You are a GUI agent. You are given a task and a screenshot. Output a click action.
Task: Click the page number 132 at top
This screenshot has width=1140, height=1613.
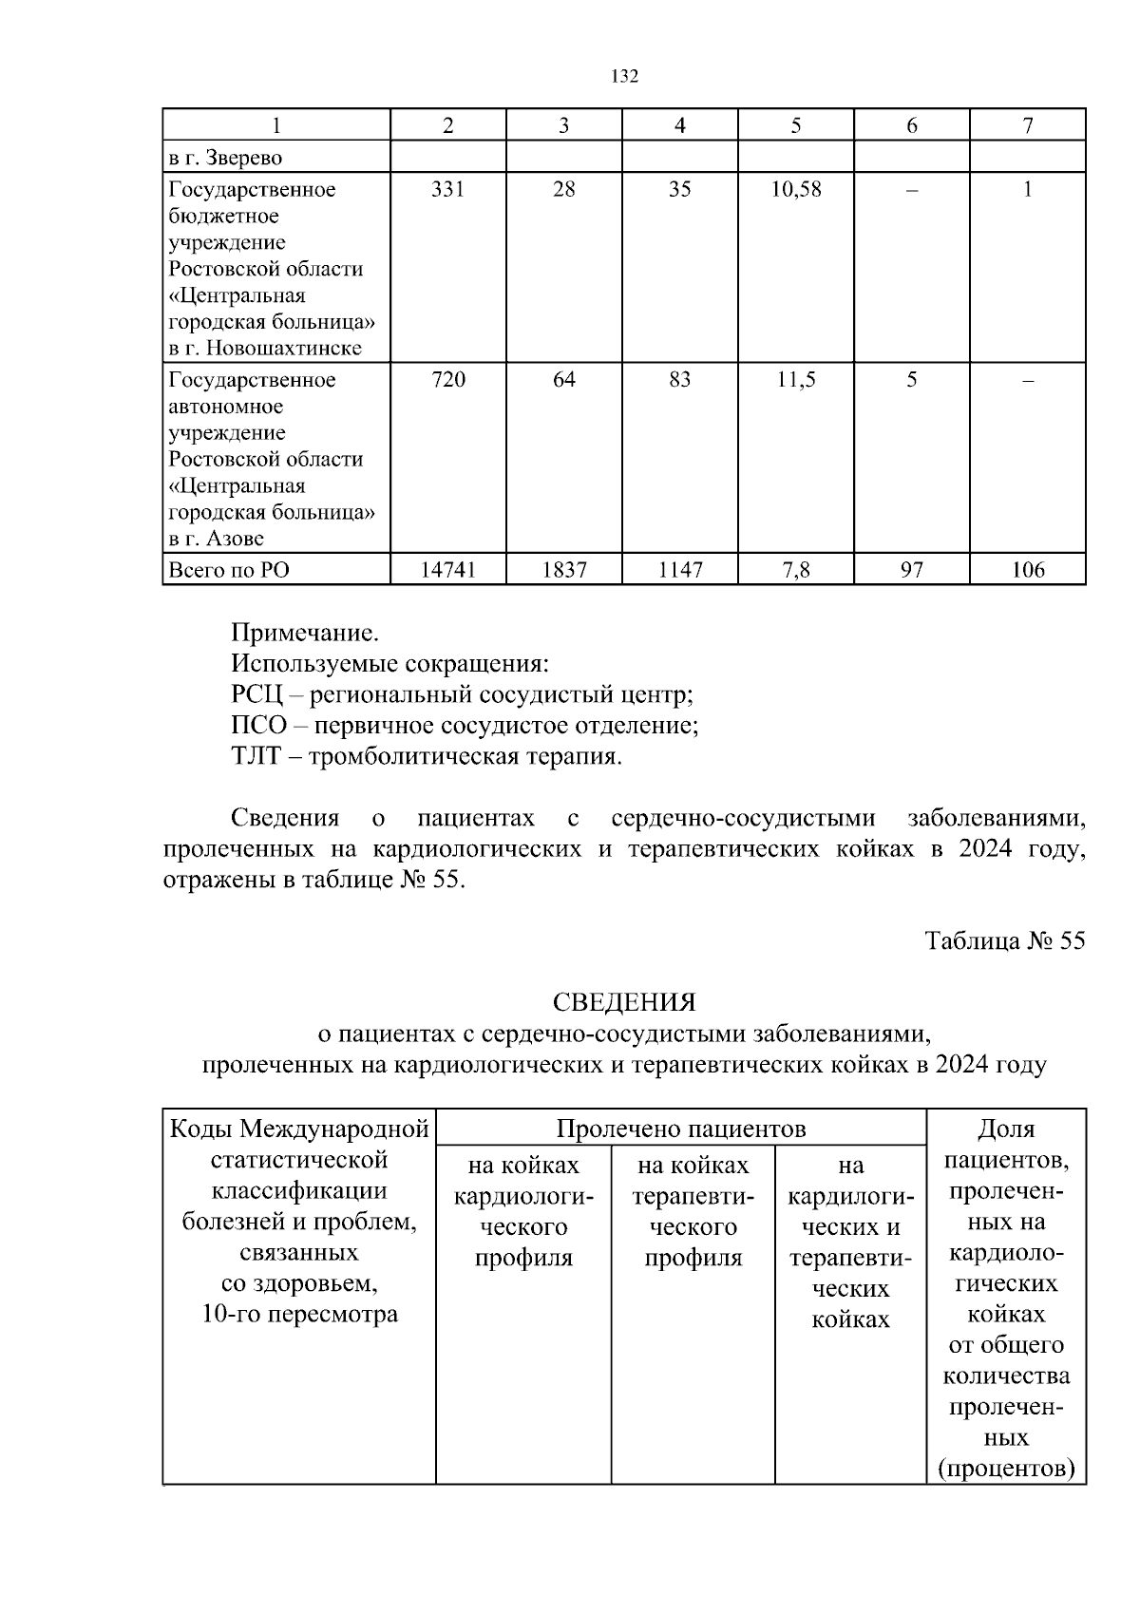(624, 77)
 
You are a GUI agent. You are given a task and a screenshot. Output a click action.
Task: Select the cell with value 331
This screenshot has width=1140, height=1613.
(447, 189)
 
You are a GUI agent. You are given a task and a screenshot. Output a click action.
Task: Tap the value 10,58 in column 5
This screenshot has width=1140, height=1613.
(795, 189)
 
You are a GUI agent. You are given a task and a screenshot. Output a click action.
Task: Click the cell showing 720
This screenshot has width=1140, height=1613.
(447, 380)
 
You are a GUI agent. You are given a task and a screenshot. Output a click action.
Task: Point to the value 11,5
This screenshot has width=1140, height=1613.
(795, 380)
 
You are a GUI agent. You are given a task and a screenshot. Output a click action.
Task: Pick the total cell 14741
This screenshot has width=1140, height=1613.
(447, 570)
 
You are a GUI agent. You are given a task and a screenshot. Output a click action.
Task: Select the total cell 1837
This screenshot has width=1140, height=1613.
(563, 570)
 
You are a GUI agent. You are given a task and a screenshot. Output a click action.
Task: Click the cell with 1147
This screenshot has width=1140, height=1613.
(679, 570)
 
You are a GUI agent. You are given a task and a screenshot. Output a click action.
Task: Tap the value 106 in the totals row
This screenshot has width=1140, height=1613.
(1027, 570)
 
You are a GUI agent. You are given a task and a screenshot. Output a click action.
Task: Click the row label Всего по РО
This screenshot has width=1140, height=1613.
(229, 570)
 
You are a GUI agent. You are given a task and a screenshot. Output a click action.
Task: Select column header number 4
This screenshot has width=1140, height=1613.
(679, 125)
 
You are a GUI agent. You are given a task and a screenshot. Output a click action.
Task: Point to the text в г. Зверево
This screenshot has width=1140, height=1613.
(225, 158)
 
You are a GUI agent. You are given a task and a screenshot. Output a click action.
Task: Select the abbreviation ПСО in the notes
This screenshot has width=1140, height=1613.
(258, 726)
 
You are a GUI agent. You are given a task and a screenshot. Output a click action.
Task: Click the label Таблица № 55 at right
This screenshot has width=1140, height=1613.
(1004, 940)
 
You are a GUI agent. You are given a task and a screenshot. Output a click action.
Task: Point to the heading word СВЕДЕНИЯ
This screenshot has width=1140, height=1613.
(624, 1002)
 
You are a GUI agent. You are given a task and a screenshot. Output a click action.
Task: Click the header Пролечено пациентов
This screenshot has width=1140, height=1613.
(680, 1129)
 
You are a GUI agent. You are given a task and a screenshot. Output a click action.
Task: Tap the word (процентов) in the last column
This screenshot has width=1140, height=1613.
(1006, 1470)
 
